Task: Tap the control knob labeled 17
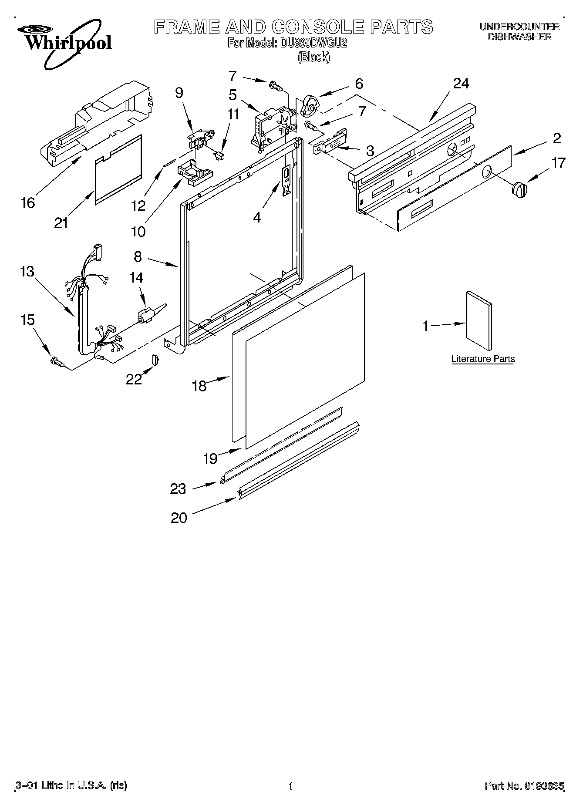point(519,190)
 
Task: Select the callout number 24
point(461,83)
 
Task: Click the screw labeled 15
point(57,361)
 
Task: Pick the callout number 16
point(27,202)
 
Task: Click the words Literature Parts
point(483,359)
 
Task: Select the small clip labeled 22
point(155,360)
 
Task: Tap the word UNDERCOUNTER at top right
point(519,27)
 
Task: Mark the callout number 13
point(27,271)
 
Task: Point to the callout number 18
point(199,386)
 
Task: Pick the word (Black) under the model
point(313,57)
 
